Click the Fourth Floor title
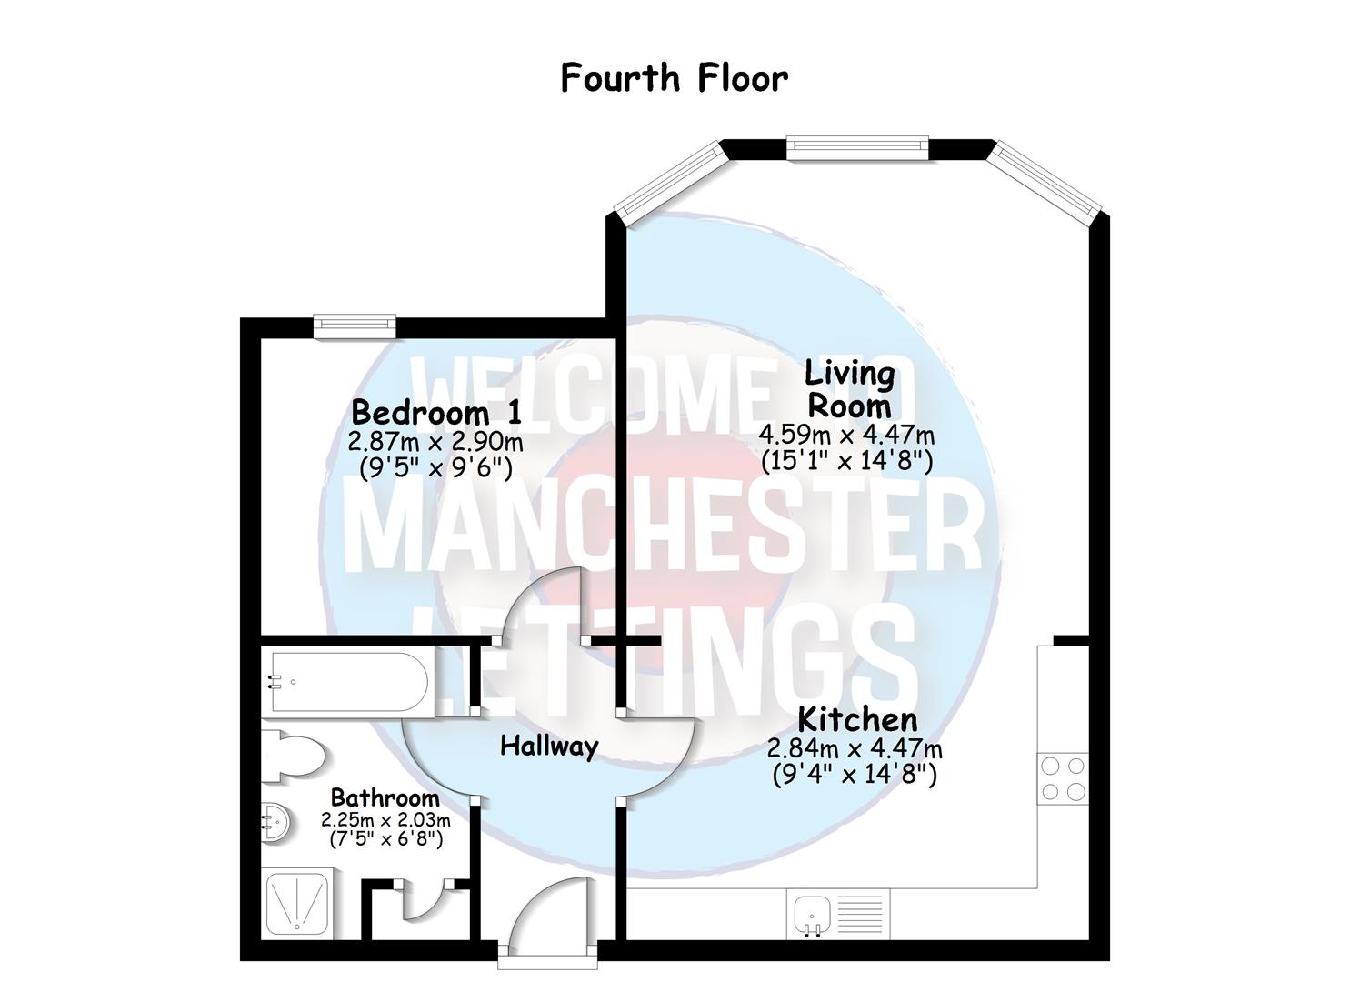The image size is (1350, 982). coord(674,78)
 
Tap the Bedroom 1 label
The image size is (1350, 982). coord(436,413)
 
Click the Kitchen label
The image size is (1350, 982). coord(856,720)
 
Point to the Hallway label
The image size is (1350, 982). coord(549,747)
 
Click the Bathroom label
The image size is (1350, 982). coord(385,797)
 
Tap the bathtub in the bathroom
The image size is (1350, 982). coord(345,682)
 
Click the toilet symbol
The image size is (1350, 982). coord(293,756)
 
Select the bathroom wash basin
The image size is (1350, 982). coord(275,822)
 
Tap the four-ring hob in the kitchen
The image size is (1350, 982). coord(1062,778)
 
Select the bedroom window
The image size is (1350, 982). coord(355,326)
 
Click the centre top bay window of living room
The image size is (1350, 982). coord(856,145)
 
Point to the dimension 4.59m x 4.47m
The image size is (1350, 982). coord(846,436)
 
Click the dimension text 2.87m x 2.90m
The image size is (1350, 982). coord(435,442)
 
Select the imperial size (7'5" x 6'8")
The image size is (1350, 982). coord(385,838)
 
